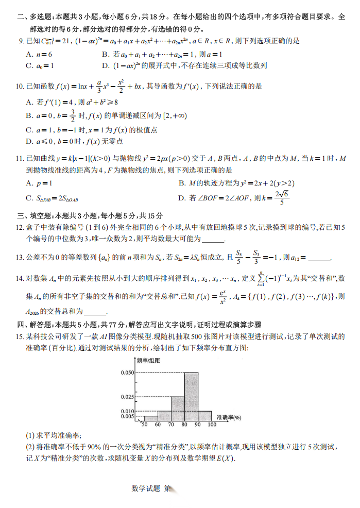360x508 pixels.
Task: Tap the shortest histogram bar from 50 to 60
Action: (x=150, y=418)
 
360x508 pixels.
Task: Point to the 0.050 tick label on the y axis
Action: (x=127, y=372)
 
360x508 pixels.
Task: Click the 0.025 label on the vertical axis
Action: (x=127, y=397)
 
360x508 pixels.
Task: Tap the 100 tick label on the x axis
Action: (x=212, y=425)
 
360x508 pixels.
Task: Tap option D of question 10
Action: (x=74, y=141)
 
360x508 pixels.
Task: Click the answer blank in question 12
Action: (x=214, y=240)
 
